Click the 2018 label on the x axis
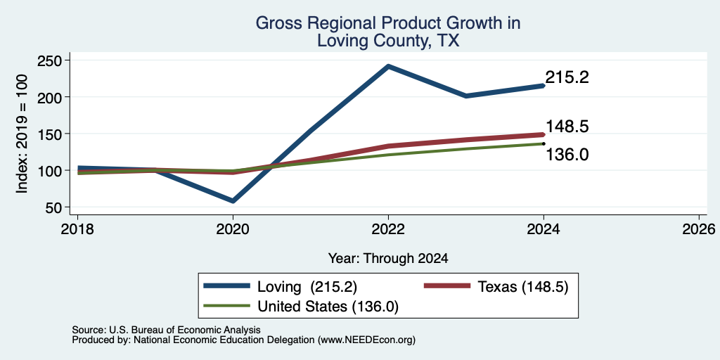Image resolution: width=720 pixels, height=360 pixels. click(x=77, y=229)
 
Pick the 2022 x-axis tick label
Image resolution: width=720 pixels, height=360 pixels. click(x=388, y=229)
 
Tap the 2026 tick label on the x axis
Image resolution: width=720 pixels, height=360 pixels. click(x=699, y=229)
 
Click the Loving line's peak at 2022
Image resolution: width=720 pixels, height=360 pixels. click(x=388, y=66)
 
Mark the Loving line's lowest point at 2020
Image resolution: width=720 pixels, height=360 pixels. click(x=233, y=200)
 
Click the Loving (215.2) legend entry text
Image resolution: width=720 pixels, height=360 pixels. click(x=307, y=287)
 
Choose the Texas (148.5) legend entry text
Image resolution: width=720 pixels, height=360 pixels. click(x=523, y=287)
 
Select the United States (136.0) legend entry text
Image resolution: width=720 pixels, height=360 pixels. click(x=328, y=307)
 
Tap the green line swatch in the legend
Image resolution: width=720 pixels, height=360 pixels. click(x=227, y=306)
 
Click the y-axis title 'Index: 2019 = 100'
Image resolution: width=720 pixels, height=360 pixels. click(x=22, y=134)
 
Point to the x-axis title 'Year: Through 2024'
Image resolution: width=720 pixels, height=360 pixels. click(x=388, y=259)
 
